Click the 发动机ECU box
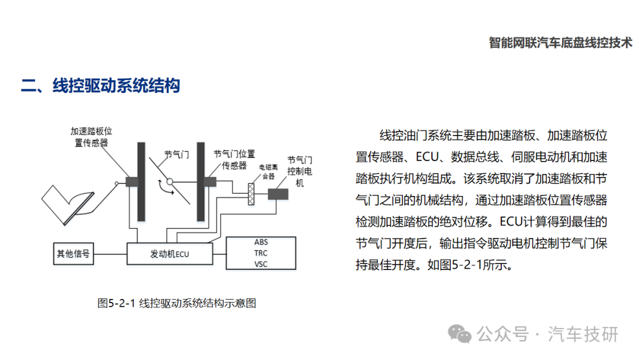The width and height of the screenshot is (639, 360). (170, 253)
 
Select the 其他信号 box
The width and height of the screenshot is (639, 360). (73, 253)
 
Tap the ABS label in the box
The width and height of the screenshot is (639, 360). (261, 242)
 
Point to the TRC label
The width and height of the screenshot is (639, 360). (261, 253)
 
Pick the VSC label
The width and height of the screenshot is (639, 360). (261, 264)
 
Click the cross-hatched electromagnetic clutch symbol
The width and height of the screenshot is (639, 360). (251, 194)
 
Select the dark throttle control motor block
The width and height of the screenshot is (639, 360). (278, 194)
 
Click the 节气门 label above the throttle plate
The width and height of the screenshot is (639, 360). (176, 155)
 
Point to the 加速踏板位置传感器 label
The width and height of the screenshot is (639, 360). (91, 137)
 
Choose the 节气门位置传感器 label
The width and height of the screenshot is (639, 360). (234, 159)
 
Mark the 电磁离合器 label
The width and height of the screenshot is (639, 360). (269, 172)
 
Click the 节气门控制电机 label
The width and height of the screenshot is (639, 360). (299, 171)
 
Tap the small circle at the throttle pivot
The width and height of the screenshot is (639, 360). (170, 182)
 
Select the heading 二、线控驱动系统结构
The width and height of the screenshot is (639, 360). (100, 86)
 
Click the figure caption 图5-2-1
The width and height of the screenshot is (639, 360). (116, 303)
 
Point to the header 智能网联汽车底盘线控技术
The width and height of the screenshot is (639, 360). (560, 43)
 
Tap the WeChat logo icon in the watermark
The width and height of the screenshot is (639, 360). (460, 335)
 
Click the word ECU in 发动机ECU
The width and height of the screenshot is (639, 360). (182, 255)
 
